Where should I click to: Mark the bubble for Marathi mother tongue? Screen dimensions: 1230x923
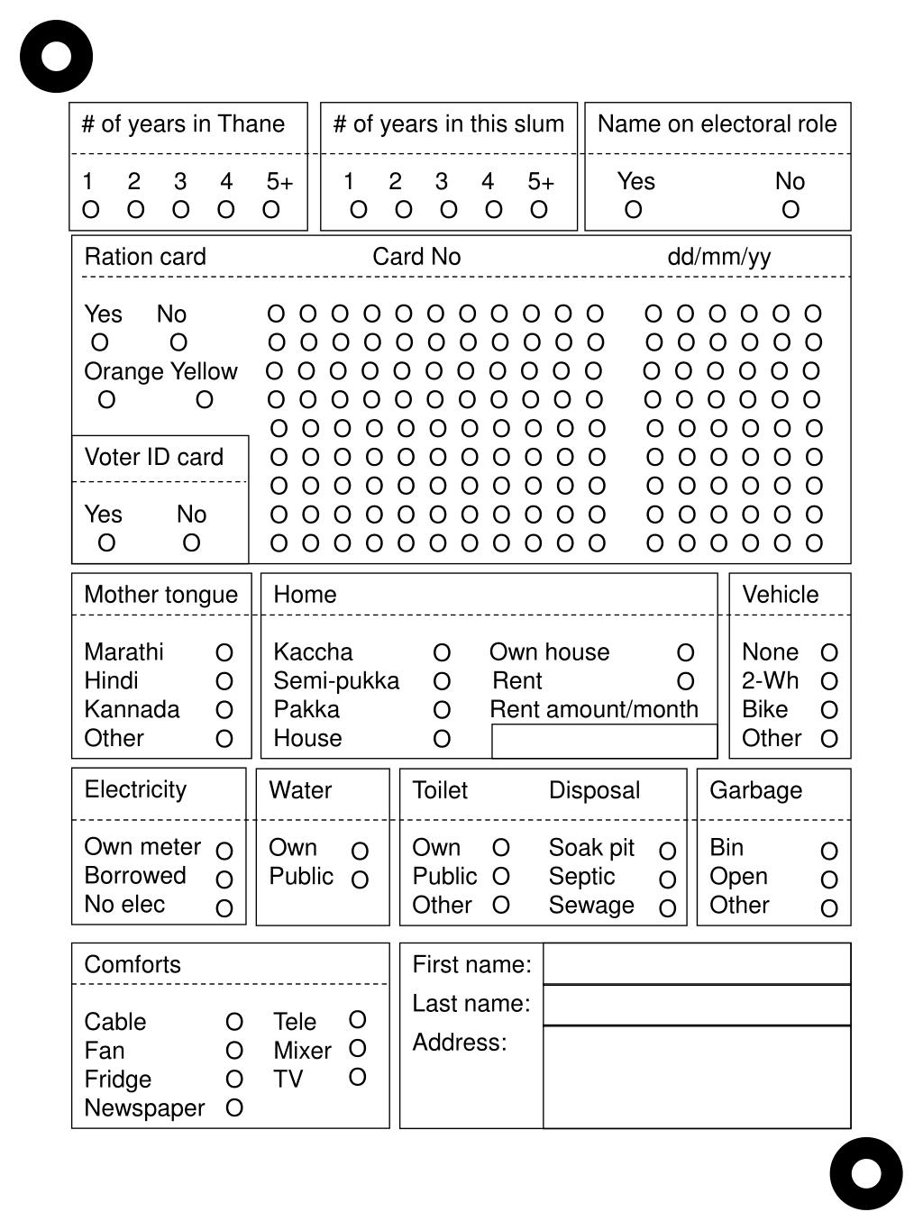coord(224,652)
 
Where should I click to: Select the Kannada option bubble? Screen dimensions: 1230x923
coord(224,710)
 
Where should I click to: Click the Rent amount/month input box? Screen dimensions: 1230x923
coord(604,741)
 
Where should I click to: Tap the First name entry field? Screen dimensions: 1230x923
coord(697,964)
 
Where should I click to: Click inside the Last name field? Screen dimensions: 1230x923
coord(697,1005)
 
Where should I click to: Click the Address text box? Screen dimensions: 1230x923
coord(697,1077)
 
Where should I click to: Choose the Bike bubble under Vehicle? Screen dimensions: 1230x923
coord(829,710)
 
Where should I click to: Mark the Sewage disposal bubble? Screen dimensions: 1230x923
coord(667,908)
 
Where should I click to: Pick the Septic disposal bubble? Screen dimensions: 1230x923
coord(667,879)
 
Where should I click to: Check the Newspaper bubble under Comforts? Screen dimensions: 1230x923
coord(234,1107)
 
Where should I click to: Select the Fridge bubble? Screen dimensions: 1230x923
coord(234,1079)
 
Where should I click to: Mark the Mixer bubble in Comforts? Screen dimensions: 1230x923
coord(357,1049)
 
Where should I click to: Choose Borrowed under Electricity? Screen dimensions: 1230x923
coord(224,879)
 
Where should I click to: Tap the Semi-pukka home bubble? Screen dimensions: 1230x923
coord(442,681)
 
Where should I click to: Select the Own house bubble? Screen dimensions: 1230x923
coord(685,652)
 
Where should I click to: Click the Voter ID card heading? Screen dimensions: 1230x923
coord(154,457)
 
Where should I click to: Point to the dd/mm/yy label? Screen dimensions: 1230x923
coord(719,257)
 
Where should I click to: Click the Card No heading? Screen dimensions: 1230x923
coord(416,257)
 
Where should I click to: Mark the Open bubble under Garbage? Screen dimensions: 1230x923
coord(829,879)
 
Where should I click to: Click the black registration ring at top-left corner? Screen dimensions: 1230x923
coord(56,57)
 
